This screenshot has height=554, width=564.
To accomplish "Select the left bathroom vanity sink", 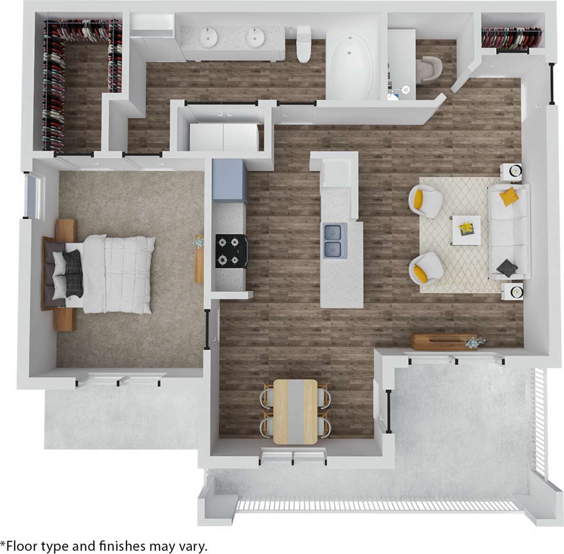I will pos(207,38).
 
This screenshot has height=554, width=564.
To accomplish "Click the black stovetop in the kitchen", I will pos(231,251).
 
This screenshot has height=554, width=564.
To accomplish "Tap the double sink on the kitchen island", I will pos(335,241).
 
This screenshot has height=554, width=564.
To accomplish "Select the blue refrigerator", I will pos(229,181).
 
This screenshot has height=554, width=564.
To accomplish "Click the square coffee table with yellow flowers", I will pos(466,230).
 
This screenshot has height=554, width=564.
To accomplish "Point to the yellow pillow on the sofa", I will pos(508,197).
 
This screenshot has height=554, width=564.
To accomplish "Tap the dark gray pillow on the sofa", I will pos(507,268).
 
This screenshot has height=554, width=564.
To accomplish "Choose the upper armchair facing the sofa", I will pos(425,201).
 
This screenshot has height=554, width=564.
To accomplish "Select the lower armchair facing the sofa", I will pos(425,267).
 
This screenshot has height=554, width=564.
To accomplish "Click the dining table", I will pos(295,411).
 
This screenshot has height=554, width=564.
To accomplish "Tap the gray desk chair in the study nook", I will pos(429,69).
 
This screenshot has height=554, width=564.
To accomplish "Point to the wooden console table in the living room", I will pos(443,342).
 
